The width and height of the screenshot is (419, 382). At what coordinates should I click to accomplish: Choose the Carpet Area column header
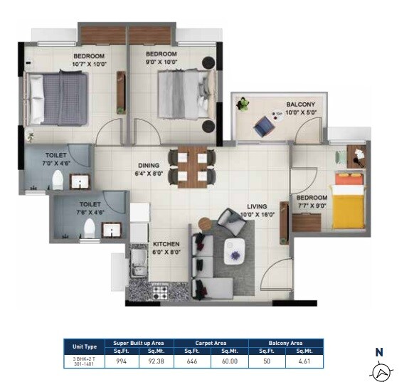[211, 343]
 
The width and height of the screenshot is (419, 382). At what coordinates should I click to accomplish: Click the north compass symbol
[381, 371]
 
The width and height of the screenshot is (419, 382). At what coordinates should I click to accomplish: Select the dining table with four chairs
[192, 166]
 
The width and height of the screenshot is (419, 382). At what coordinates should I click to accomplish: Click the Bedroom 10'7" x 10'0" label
[89, 60]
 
